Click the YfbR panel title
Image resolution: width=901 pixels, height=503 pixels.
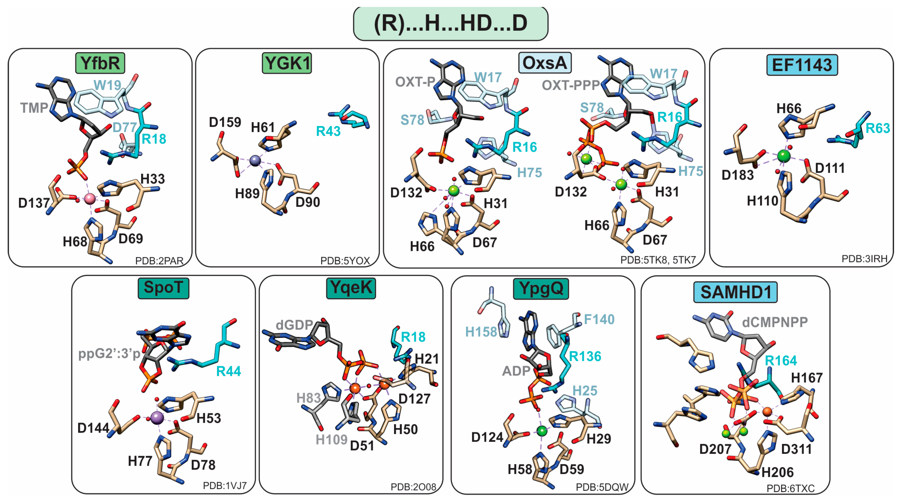point(100,63)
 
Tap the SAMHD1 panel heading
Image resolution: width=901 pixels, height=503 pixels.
point(735,292)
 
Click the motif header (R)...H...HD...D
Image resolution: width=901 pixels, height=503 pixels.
point(450,23)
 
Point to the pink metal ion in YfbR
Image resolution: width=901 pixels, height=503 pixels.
point(89,199)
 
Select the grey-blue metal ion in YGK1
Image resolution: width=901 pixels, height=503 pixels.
point(255,160)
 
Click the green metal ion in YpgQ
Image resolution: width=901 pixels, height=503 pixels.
point(542,431)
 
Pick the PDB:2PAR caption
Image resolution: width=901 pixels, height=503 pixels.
point(159,261)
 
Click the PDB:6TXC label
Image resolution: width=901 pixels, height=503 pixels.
point(790,488)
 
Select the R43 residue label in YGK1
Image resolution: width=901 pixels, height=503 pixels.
point(328,131)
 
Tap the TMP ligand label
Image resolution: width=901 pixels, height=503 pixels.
point(34,108)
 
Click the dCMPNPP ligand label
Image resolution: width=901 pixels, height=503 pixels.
point(775,322)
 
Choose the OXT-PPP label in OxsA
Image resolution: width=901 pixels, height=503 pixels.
point(570,85)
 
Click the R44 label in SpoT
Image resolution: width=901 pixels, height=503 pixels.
point(228,371)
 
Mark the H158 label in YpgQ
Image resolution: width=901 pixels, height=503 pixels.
point(481,332)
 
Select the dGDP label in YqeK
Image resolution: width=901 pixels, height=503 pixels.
point(294,325)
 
